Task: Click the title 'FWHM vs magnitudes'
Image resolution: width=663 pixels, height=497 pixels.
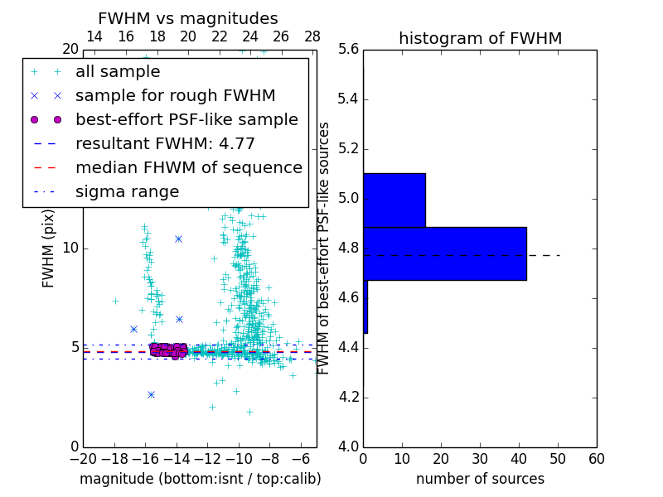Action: (187, 19)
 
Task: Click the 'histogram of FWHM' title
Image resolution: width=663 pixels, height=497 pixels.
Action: (480, 38)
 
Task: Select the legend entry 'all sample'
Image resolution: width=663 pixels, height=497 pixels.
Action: (118, 72)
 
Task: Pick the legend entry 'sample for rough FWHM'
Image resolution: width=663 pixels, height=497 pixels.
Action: (175, 96)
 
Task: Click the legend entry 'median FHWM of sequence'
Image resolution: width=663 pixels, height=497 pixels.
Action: (188, 168)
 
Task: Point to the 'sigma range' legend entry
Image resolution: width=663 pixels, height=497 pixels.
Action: (127, 192)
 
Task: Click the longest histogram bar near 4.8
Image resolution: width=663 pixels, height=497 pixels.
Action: (445, 253)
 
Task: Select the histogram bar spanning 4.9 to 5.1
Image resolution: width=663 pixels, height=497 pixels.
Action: (394, 200)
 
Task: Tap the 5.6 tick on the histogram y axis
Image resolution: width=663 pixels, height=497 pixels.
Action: (348, 50)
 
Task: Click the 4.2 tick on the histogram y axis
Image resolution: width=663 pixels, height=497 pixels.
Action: (348, 397)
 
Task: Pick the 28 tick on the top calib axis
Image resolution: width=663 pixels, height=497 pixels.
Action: (312, 36)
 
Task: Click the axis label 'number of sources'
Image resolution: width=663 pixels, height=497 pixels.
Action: (480, 479)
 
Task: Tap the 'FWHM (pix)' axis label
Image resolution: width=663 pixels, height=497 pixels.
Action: (49, 248)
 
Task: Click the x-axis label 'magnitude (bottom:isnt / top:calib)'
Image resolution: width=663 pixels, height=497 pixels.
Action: (200, 479)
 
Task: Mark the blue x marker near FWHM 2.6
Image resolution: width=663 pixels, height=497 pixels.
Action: (151, 394)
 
